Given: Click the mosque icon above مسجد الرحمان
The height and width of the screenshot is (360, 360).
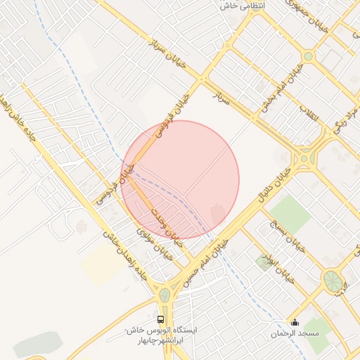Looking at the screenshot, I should pyautogui.click(x=295, y=322).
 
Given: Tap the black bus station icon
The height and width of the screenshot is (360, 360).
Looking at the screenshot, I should pyautogui.click(x=162, y=319).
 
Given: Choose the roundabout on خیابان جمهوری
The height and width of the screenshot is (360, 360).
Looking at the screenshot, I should pyautogui.click(x=308, y=56).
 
